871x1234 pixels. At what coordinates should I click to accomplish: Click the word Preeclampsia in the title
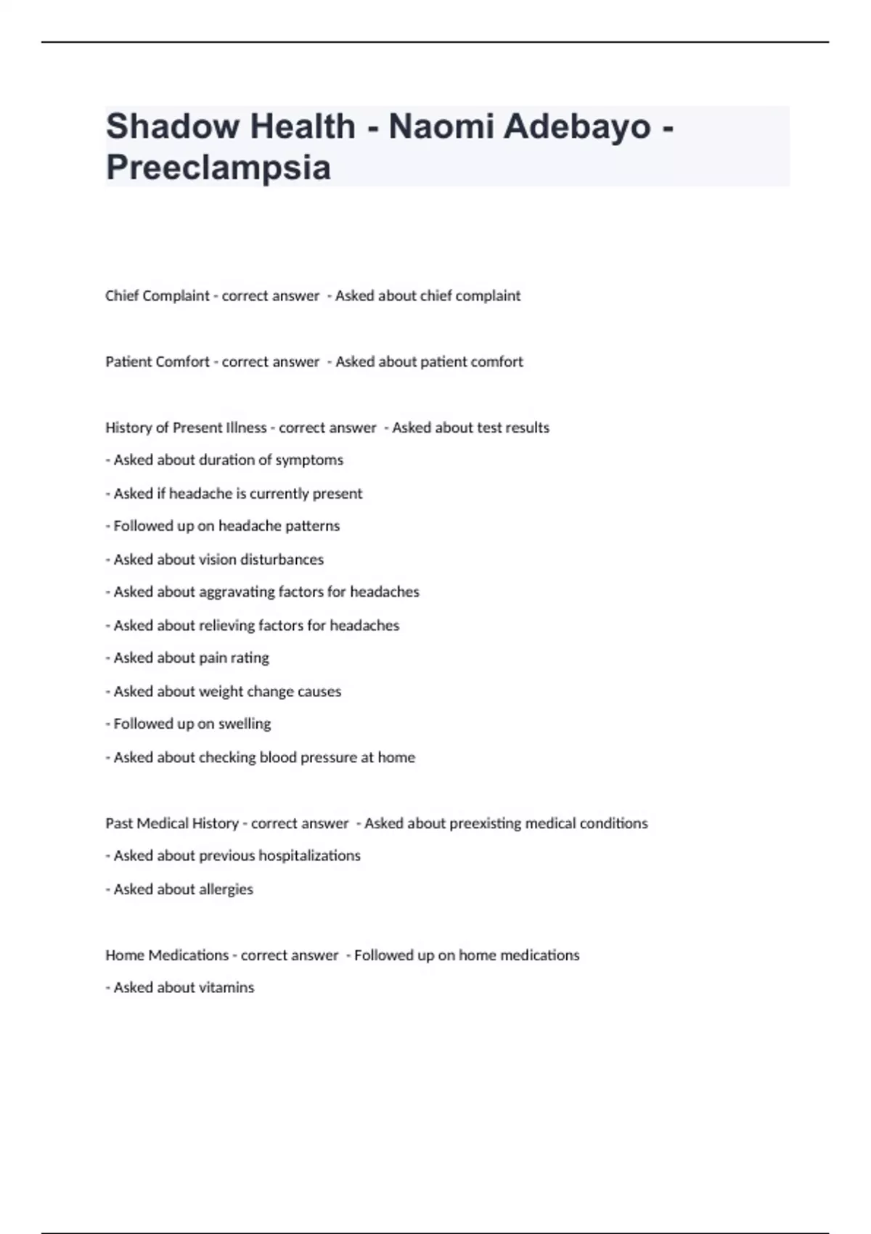[x=218, y=167]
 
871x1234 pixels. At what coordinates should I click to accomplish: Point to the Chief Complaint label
[x=157, y=296]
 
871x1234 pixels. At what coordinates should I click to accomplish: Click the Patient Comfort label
[x=157, y=362]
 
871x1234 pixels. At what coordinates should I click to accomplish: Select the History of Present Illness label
[x=186, y=428]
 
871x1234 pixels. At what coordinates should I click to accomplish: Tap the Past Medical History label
[x=172, y=824]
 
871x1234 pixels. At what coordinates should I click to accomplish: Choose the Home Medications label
[x=167, y=955]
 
